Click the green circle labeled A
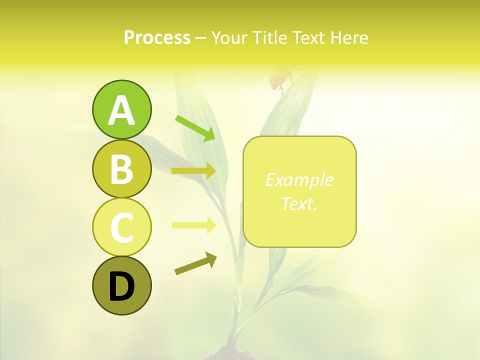click(121, 110)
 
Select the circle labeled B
click(121, 168)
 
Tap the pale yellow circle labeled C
click(121, 227)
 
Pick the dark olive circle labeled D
click(121, 285)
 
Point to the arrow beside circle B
click(193, 171)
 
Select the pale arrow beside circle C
click(193, 225)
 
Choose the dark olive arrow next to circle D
click(195, 263)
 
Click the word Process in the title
click(157, 37)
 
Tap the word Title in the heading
click(270, 37)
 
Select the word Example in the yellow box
click(299, 180)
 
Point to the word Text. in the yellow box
click(299, 203)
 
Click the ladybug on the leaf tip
click(280, 77)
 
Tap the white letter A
click(121, 111)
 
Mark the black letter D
click(121, 286)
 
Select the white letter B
click(121, 169)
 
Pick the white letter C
click(121, 228)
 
